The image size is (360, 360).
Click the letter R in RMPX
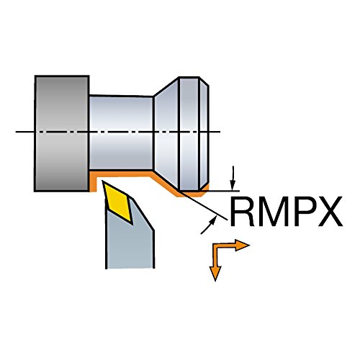(243, 212)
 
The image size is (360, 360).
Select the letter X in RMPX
(330, 212)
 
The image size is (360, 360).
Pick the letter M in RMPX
(273, 212)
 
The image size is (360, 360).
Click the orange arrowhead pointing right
(243, 245)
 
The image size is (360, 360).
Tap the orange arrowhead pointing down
(215, 274)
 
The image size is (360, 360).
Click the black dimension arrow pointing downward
(233, 178)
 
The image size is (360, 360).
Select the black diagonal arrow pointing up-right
(208, 225)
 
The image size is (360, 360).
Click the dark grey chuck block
(62, 133)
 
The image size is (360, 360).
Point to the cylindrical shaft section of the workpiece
(121, 132)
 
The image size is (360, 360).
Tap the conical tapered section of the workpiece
(166, 133)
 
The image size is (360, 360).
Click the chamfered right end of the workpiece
(204, 133)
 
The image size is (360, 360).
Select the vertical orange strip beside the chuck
(93, 182)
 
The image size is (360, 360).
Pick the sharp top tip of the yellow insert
(103, 181)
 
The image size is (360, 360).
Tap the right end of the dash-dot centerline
(220, 132)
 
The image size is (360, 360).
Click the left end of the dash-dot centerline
(16, 132)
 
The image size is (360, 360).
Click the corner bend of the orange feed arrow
(215, 246)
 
